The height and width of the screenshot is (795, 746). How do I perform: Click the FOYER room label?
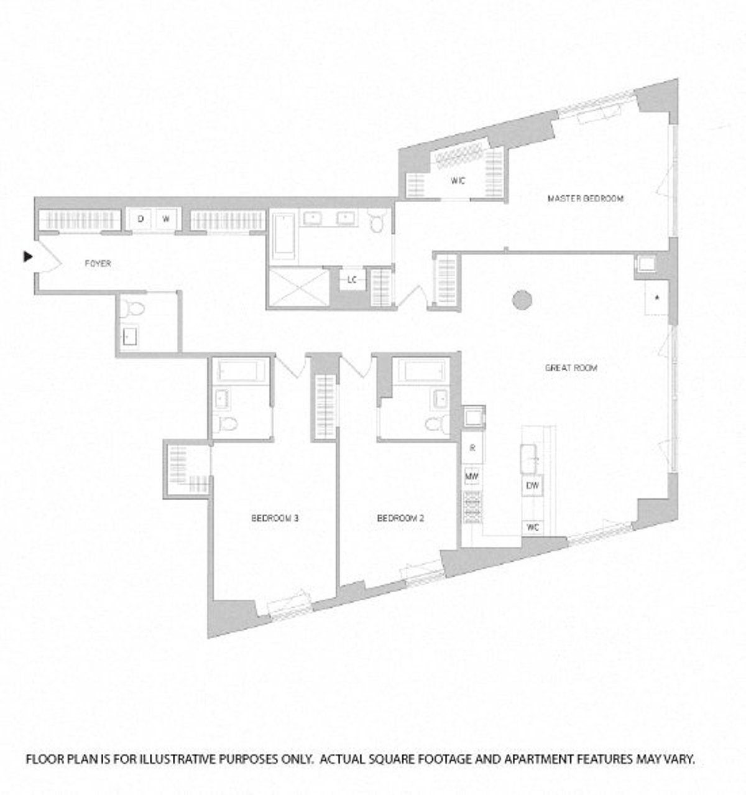point(98,264)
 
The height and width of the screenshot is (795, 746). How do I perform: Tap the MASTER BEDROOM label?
point(585,198)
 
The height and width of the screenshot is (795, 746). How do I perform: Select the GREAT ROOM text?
point(571,368)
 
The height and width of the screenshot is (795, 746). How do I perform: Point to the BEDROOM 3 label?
point(275,518)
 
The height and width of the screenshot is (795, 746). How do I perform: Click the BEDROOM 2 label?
point(401,518)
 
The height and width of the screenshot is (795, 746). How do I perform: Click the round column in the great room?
point(522,300)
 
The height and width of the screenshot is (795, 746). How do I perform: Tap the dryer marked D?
point(140,219)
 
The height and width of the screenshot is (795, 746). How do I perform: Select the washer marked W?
point(166,219)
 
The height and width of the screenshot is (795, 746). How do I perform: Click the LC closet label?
point(352,280)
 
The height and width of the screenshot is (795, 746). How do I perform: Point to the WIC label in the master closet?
point(458,181)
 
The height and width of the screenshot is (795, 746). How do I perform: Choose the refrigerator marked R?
point(472,448)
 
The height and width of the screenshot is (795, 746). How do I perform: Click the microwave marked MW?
point(472,477)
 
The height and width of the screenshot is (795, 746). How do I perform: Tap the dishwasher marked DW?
point(532,486)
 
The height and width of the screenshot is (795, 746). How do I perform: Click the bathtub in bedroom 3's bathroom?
point(241,371)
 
